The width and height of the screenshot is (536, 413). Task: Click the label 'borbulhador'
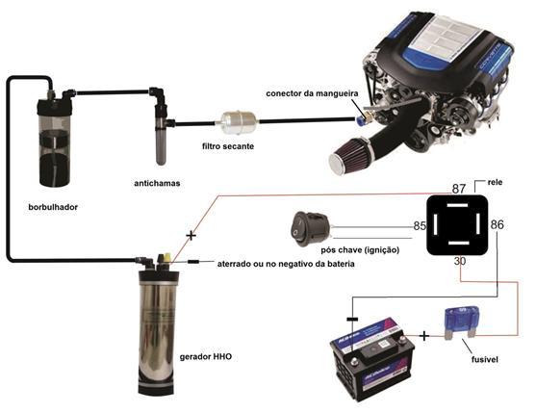click(x=53, y=207)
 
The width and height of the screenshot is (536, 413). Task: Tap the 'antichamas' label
click(x=157, y=183)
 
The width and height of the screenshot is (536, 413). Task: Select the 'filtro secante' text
click(x=228, y=146)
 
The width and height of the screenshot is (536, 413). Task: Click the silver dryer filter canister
click(x=239, y=122)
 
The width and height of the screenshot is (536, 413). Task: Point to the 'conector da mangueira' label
click(x=312, y=93)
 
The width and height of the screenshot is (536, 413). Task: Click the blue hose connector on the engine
click(x=360, y=119)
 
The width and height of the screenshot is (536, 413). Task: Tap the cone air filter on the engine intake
click(x=350, y=156)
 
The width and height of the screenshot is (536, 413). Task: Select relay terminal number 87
click(x=459, y=189)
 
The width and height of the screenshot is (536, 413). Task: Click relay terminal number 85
click(x=420, y=225)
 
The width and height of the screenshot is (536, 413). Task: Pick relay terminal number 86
click(x=498, y=224)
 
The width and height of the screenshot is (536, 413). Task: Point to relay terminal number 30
click(x=460, y=261)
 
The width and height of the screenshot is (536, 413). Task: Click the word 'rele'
click(x=495, y=182)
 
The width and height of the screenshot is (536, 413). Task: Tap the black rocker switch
click(x=310, y=229)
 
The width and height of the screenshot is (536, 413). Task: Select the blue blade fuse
click(x=462, y=322)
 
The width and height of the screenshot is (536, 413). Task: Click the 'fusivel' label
click(x=485, y=359)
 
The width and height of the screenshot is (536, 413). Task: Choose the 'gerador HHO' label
click(x=206, y=356)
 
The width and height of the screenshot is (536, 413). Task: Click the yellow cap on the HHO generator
click(x=167, y=257)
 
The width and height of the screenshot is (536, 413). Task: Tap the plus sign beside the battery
click(x=423, y=336)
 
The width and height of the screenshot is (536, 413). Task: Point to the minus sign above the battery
click(x=352, y=320)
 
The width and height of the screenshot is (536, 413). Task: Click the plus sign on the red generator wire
click(x=191, y=236)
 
